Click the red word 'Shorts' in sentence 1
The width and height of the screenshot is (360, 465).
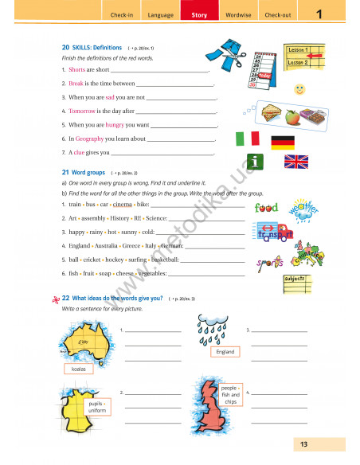[x=76, y=70]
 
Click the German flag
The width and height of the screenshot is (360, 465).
[x=284, y=143]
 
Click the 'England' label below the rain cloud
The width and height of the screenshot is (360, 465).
[x=225, y=351]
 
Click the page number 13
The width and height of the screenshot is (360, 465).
[x=304, y=444]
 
